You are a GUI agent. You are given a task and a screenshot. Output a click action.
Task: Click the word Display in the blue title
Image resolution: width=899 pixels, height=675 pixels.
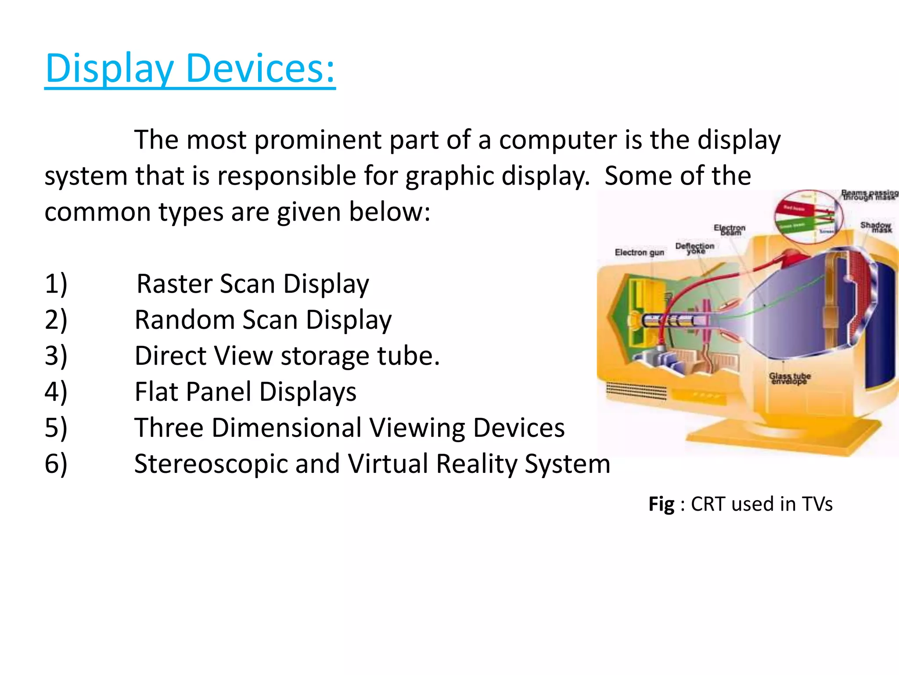pyautogui.click(x=110, y=69)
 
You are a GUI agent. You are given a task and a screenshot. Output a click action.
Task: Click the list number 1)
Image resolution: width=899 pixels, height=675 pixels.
pyautogui.click(x=56, y=284)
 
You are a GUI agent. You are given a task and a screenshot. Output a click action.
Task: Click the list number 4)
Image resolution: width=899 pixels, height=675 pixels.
pyautogui.click(x=56, y=392)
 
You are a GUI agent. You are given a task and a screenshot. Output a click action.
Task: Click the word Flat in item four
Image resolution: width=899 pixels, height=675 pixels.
pyautogui.click(x=156, y=392)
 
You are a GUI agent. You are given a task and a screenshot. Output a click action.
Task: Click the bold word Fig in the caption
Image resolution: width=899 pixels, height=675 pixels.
pyautogui.click(x=661, y=504)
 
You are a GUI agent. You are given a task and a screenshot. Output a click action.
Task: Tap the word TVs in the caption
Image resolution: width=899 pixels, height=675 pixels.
pyautogui.click(x=817, y=504)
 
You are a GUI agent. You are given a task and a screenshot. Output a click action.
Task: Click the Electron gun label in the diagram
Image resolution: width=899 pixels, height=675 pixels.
pyautogui.click(x=639, y=252)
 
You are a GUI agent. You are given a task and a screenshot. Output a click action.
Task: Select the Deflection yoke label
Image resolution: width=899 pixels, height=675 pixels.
pyautogui.click(x=695, y=248)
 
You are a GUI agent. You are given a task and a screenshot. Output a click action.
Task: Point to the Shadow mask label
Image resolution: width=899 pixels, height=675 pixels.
pyautogui.click(x=876, y=227)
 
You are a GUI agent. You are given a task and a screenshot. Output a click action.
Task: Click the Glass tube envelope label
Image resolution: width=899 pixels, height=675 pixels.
pyautogui.click(x=790, y=378)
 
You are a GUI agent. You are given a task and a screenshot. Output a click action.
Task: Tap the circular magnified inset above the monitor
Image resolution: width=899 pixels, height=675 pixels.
pyautogui.click(x=809, y=217)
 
